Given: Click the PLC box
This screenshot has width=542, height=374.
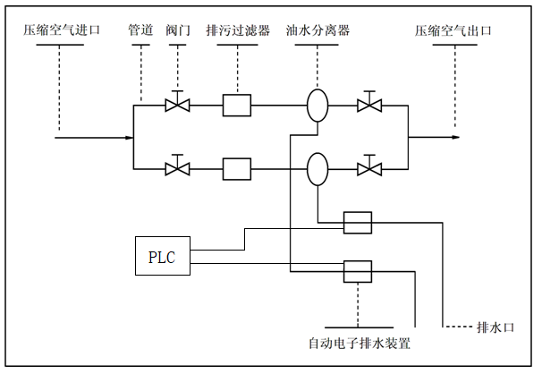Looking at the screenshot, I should (x=162, y=258).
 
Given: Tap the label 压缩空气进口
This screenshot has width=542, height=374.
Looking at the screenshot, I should (x=63, y=30).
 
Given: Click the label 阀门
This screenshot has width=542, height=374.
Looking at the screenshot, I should (x=179, y=30).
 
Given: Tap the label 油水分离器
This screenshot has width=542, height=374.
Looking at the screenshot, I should (x=318, y=30).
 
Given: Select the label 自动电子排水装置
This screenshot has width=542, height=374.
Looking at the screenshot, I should (x=359, y=344).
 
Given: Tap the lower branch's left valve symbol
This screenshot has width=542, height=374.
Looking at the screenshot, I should (x=178, y=167).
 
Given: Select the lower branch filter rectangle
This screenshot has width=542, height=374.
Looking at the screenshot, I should (x=237, y=167).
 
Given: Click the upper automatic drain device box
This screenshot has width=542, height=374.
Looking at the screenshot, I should (x=357, y=223).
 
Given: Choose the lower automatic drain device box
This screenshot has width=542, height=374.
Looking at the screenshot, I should (x=357, y=269).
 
